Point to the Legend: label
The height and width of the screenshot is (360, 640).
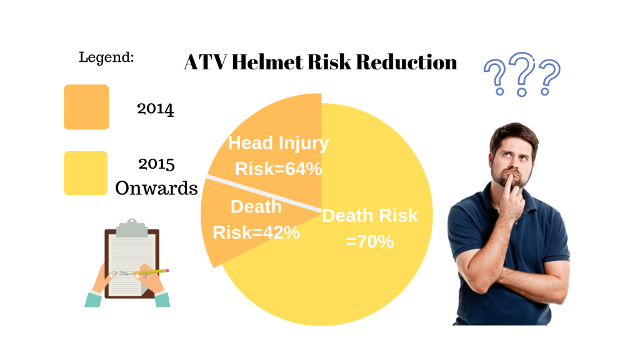click(106, 57)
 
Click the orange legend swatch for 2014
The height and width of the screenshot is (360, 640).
click(86, 107)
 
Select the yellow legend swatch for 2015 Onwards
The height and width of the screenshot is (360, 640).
click(86, 173)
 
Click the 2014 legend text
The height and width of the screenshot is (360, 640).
click(155, 109)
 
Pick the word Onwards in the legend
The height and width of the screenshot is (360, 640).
click(156, 188)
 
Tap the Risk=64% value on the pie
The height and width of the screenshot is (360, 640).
click(278, 169)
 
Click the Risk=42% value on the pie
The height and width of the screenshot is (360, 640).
click(256, 232)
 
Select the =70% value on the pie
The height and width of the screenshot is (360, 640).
click(370, 241)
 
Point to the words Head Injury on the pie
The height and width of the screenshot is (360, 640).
click(278, 143)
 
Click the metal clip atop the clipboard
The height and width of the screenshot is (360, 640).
click(131, 227)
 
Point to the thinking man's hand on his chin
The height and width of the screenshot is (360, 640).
click(511, 192)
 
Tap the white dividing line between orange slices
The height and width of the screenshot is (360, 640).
click(264, 194)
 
